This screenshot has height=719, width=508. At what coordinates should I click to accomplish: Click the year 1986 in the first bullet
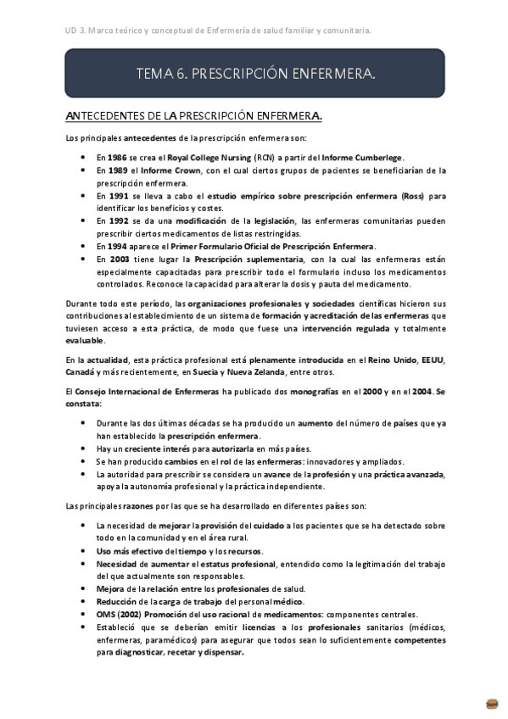[117, 158]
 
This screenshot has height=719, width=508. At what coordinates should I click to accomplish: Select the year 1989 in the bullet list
[117, 170]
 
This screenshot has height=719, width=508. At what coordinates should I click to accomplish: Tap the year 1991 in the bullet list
[117, 196]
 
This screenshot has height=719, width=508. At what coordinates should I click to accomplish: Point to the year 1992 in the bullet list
[117, 221]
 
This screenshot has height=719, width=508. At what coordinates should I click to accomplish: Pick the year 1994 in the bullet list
[117, 247]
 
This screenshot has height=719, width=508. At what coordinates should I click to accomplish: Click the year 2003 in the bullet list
[118, 259]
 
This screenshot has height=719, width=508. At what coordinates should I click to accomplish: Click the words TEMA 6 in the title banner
[161, 75]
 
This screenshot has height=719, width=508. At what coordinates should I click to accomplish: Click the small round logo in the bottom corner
[492, 703]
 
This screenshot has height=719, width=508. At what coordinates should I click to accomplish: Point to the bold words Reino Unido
[393, 359]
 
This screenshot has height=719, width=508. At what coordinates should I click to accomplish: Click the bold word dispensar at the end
[220, 653]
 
